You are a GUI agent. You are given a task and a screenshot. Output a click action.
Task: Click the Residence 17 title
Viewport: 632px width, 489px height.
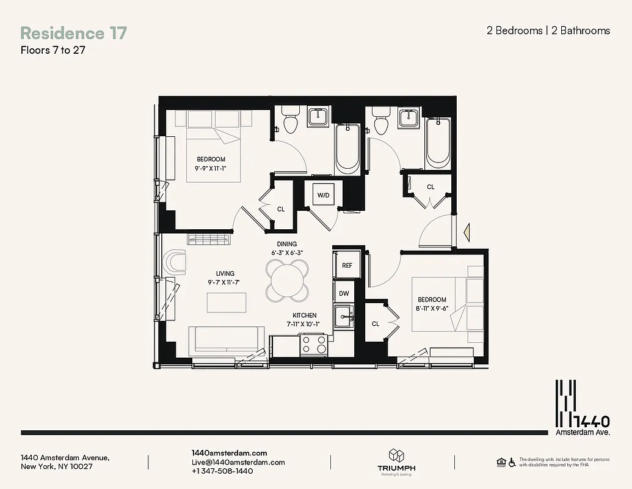pyautogui.click(x=73, y=33)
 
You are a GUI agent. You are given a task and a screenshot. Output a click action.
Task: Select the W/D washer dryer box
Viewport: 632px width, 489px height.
pyautogui.click(x=322, y=195)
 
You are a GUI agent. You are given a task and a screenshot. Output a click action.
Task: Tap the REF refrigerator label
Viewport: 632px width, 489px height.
pyautogui.click(x=347, y=265)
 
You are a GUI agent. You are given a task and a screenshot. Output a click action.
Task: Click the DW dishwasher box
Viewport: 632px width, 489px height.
pyautogui.click(x=344, y=293)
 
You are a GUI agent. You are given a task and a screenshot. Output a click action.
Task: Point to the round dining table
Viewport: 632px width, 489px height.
pyautogui.click(x=287, y=281)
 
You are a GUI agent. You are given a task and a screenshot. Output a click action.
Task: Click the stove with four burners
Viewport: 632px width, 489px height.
pyautogui.click(x=314, y=345)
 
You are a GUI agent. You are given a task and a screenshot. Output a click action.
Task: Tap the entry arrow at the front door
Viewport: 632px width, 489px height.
pyautogui.click(x=467, y=232)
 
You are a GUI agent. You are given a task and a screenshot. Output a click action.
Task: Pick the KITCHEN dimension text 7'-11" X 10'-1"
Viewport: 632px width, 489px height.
pyautogui.click(x=304, y=324)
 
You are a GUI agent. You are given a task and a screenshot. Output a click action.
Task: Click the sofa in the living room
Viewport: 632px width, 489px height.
pyautogui.click(x=227, y=341)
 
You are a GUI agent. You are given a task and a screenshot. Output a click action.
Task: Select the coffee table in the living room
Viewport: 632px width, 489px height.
pyautogui.click(x=227, y=303)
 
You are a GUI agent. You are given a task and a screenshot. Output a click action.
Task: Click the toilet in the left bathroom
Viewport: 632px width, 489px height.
pyautogui.click(x=289, y=120)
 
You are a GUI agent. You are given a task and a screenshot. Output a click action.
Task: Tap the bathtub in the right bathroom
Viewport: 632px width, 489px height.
pyautogui.click(x=438, y=143)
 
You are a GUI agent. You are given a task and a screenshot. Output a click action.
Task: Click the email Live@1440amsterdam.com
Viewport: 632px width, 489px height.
pyautogui.click(x=238, y=462)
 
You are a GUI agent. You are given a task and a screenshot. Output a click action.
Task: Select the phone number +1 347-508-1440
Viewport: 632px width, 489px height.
pyautogui.click(x=222, y=471)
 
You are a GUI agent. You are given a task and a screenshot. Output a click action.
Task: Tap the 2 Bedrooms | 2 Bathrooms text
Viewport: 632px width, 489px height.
pyautogui.click(x=548, y=31)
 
